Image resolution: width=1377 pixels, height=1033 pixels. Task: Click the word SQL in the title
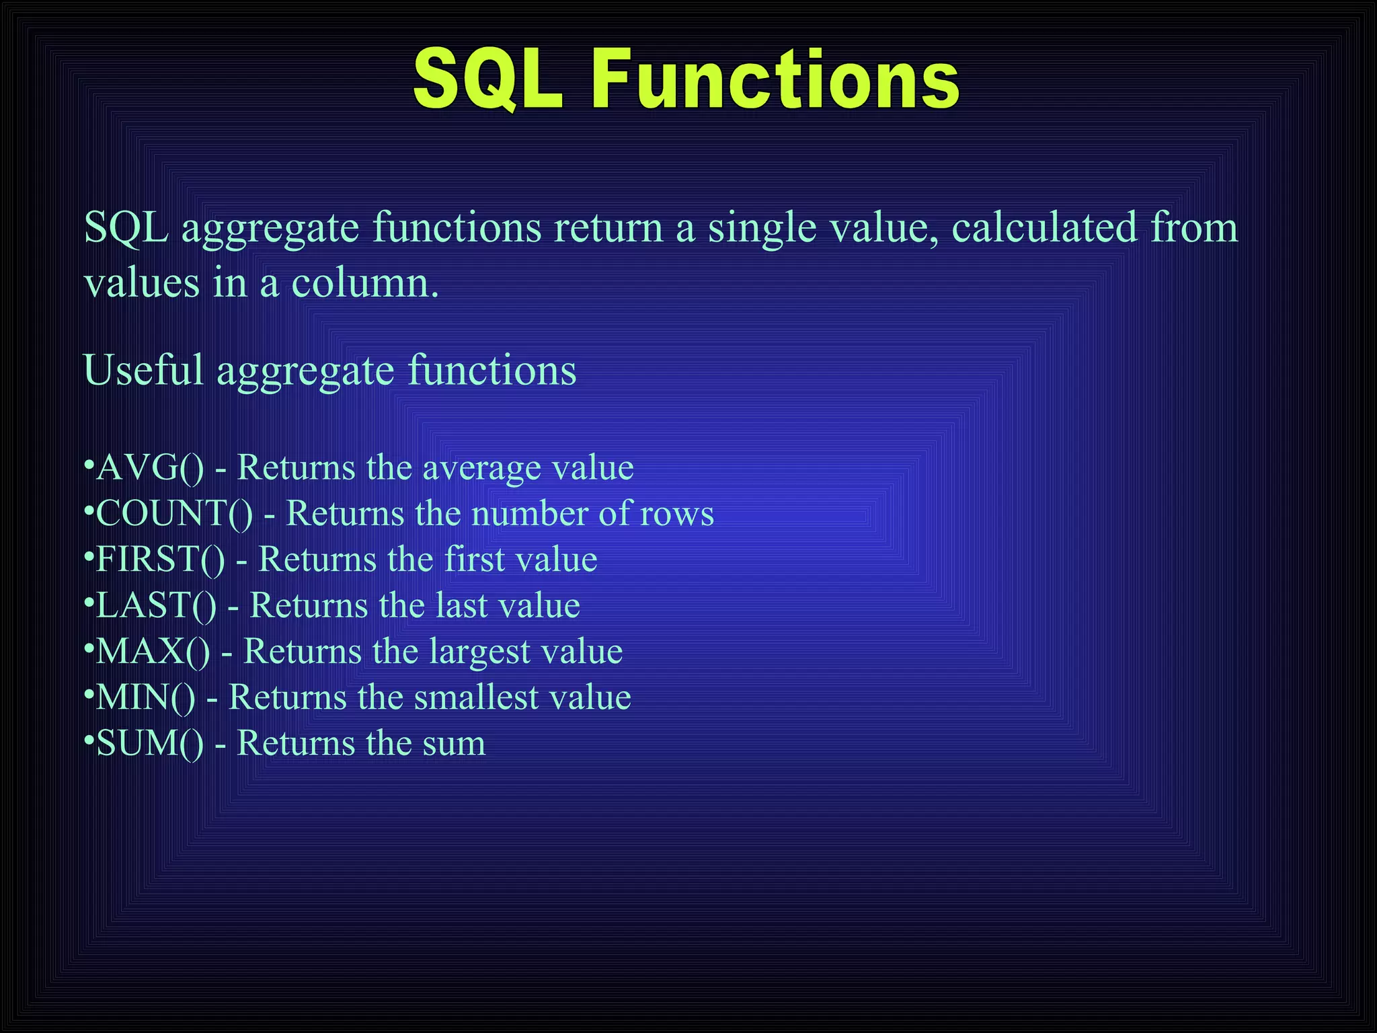coord(487,79)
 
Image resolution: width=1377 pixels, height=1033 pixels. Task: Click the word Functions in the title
coord(775,79)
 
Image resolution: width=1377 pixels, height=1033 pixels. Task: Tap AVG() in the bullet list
coord(149,468)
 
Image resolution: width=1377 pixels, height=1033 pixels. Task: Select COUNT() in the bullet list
coord(174,514)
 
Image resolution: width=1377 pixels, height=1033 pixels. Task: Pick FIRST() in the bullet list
coord(160,560)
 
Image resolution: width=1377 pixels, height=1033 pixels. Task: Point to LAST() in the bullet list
coord(156,605)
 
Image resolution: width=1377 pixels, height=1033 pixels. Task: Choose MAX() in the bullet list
coord(153,652)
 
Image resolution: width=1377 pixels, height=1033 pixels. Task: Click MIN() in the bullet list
coord(145,697)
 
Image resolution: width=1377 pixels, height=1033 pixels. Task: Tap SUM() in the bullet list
coord(149,744)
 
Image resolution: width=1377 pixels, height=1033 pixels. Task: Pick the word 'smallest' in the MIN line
coord(475,697)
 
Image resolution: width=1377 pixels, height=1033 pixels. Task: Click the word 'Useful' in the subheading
coord(143,371)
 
